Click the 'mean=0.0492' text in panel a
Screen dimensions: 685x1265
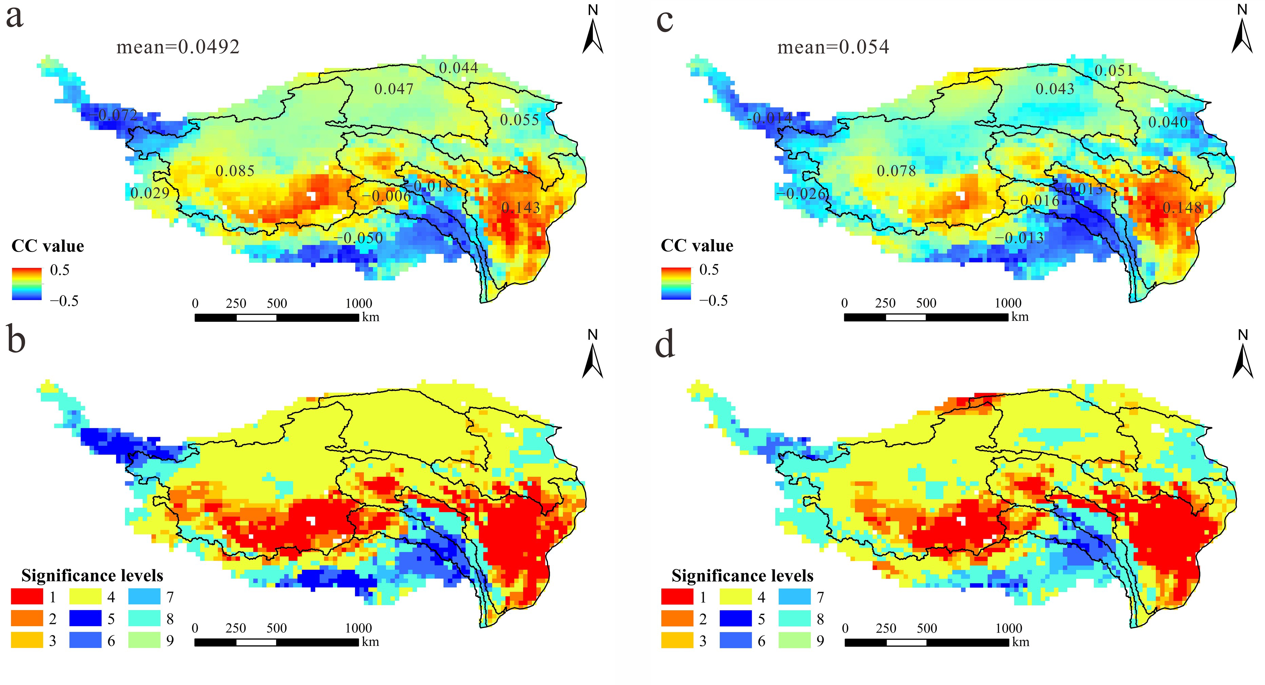(178, 47)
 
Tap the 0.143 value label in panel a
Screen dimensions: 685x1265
(521, 208)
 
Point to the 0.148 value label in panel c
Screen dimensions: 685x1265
(1182, 208)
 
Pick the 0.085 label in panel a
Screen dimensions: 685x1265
(235, 171)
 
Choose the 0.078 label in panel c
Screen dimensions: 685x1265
(896, 171)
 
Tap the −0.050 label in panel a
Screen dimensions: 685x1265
(358, 238)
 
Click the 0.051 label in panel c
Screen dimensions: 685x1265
(1114, 71)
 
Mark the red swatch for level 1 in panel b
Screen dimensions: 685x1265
(27, 597)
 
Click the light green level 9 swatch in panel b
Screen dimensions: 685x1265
(144, 640)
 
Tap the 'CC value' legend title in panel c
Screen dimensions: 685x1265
(697, 246)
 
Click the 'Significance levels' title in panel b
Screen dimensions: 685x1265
(92, 575)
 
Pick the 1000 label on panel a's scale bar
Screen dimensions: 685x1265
(358, 303)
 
